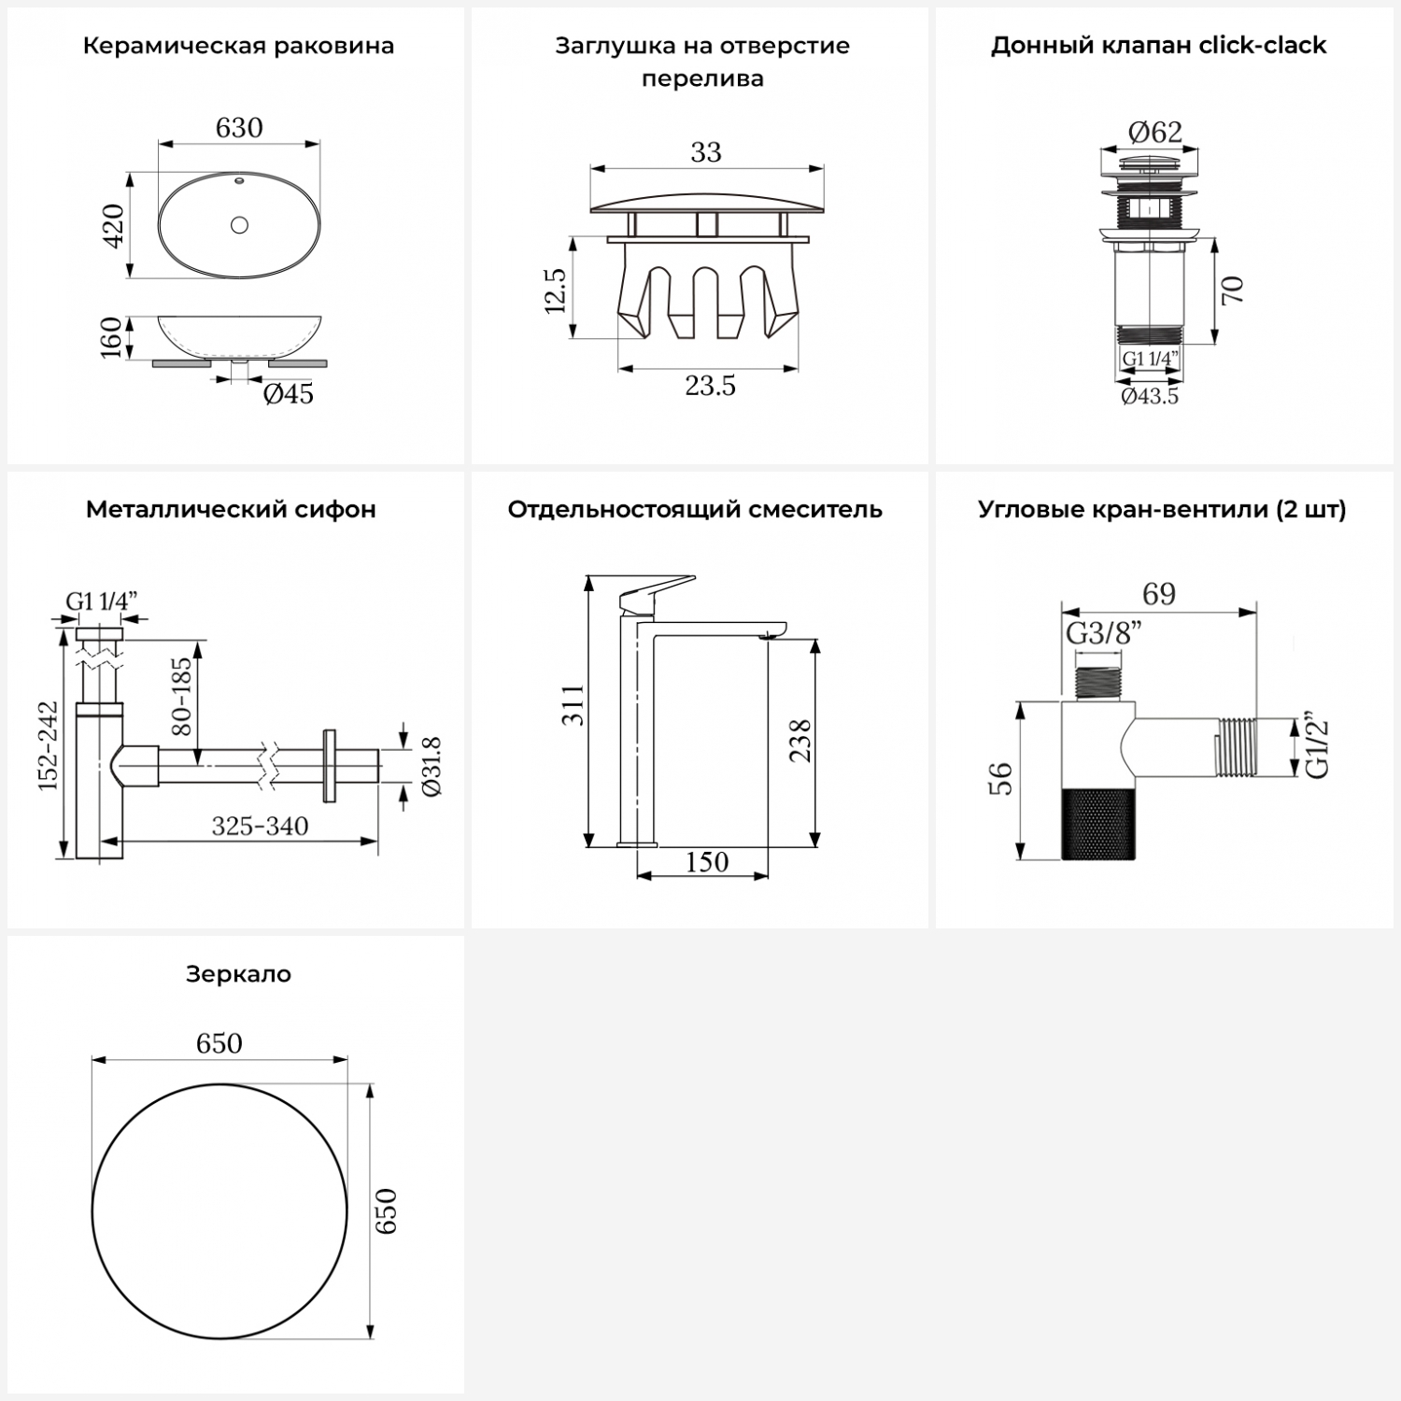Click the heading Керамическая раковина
[x=238, y=46]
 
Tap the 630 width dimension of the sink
[x=239, y=127]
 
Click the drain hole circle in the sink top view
[x=239, y=224]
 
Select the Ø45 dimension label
[x=289, y=394]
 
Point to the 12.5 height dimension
[x=555, y=290]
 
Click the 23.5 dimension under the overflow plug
[x=710, y=385]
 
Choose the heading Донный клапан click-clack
[x=1158, y=46]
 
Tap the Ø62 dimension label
[x=1155, y=133]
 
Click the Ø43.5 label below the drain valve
[x=1150, y=396]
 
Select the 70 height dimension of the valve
[x=1232, y=290]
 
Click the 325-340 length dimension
[x=260, y=826]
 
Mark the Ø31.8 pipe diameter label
[x=432, y=766]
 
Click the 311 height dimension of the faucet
[x=573, y=705]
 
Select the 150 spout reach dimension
[x=707, y=861]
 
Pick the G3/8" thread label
[x=1104, y=633]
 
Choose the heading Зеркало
[x=238, y=974]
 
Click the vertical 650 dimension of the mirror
[x=386, y=1211]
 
